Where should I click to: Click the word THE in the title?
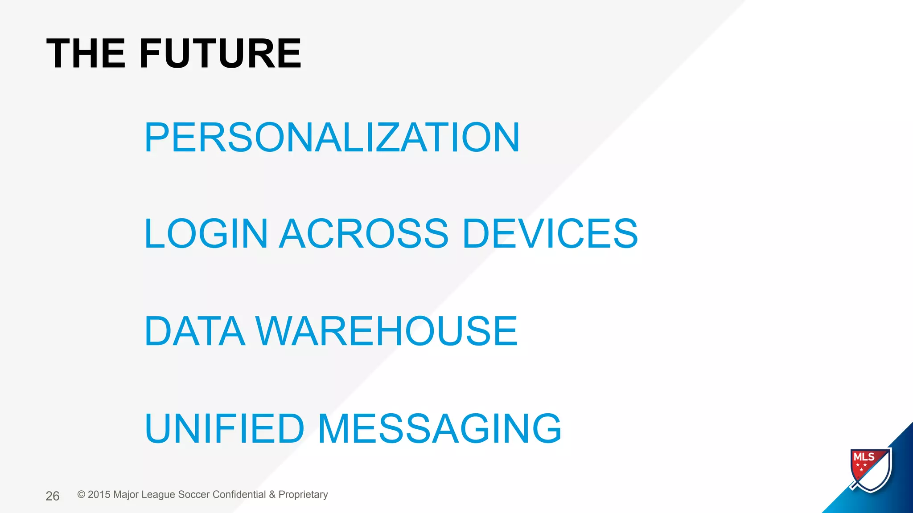[x=86, y=53]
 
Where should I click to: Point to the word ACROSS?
[x=364, y=233]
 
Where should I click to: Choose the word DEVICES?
[x=550, y=233]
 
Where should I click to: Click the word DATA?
[x=195, y=331]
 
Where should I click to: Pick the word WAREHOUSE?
[x=386, y=331]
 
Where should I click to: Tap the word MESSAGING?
[x=440, y=428]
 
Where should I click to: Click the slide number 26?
[x=53, y=496]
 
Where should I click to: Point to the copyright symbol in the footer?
[x=81, y=495]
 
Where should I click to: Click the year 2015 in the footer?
[x=99, y=495]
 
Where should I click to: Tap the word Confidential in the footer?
[x=239, y=495]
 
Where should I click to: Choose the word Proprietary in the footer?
[x=303, y=495]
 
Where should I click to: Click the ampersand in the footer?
[x=272, y=495]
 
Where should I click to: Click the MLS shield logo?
[x=871, y=470]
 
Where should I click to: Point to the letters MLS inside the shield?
[x=864, y=457]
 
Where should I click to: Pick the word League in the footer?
[x=158, y=495]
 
